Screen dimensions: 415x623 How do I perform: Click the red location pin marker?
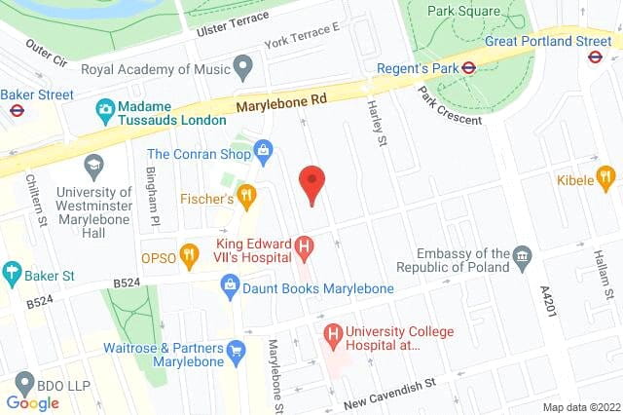tap(311, 183)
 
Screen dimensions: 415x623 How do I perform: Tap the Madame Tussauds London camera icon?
tap(105, 107)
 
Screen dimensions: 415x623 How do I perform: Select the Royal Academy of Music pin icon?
tap(243, 69)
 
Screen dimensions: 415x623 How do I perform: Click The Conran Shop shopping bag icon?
tap(262, 152)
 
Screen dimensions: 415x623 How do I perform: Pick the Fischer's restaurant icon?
tap(247, 198)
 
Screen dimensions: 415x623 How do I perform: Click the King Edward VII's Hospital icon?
tap(305, 249)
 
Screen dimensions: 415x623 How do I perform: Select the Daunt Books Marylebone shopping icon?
tap(231, 288)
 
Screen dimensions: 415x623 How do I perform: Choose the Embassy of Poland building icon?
tap(523, 259)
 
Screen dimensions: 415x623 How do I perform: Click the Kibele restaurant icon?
tap(605, 179)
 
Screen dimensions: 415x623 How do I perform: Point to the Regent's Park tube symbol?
tap(468, 68)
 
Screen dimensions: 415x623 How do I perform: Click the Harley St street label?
tap(374, 121)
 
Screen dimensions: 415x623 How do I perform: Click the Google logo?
tap(32, 403)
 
